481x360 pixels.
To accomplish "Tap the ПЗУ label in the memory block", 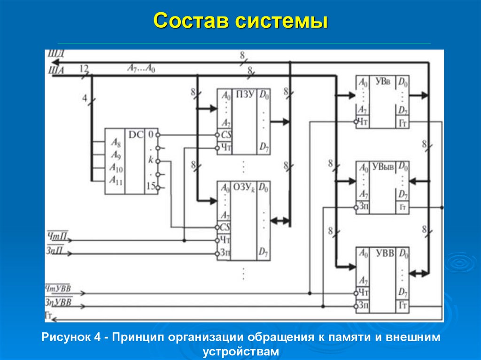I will [x=244, y=95].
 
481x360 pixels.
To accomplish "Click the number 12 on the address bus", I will [x=84, y=68].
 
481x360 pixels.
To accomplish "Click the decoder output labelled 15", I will [x=150, y=186].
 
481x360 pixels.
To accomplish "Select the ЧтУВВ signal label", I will [x=58, y=288].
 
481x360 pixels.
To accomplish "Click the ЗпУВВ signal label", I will [x=58, y=302].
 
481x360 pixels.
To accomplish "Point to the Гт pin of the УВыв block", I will [x=403, y=207].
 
